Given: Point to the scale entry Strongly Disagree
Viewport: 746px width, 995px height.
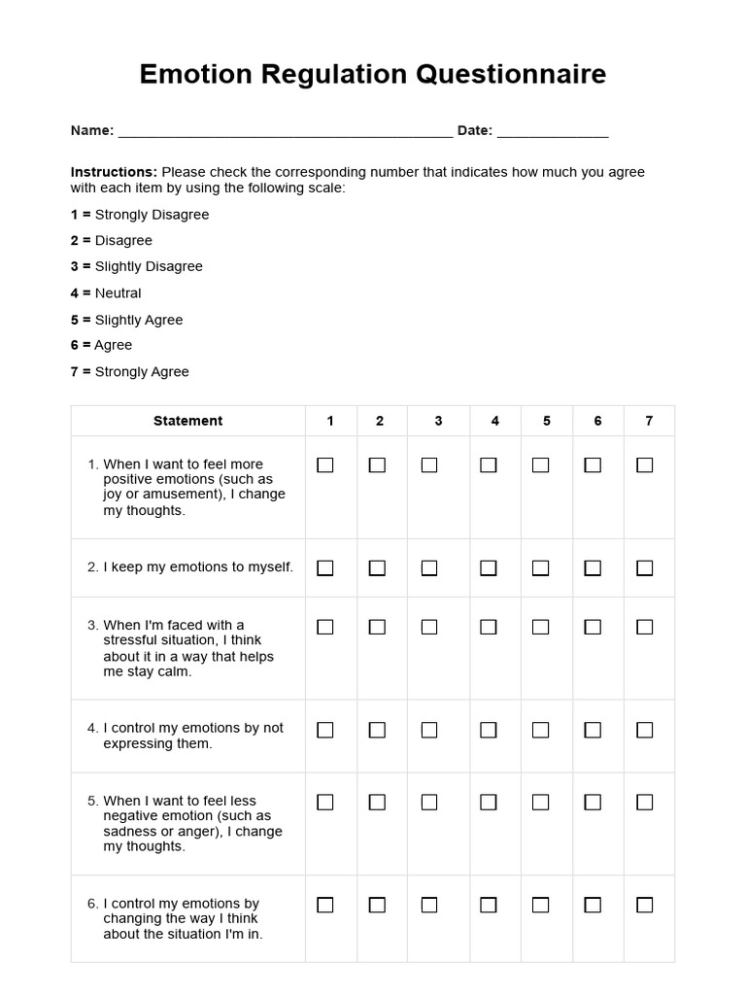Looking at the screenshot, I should pos(152,215).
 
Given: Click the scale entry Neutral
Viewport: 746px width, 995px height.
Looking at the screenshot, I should pos(118,293).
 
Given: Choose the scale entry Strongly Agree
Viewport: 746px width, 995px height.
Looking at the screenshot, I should pos(142,372).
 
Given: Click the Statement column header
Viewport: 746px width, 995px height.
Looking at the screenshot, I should pos(187,421).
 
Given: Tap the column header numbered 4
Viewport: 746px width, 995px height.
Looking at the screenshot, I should pos(495,421).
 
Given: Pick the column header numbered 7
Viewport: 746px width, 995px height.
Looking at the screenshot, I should pos(649,421).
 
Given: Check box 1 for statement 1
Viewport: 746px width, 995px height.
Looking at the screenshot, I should pos(325,465).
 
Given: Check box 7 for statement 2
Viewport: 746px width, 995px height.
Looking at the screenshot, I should pos(644,567).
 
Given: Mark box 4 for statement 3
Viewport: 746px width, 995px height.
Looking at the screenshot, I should pos(489,627).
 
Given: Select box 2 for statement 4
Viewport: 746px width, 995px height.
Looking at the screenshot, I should pos(377,730).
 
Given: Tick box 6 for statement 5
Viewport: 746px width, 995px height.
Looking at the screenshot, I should pos(593,803).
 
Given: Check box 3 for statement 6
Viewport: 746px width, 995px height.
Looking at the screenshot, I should pos(429,905).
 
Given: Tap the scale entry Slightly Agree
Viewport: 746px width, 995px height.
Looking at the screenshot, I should pos(139,320).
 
